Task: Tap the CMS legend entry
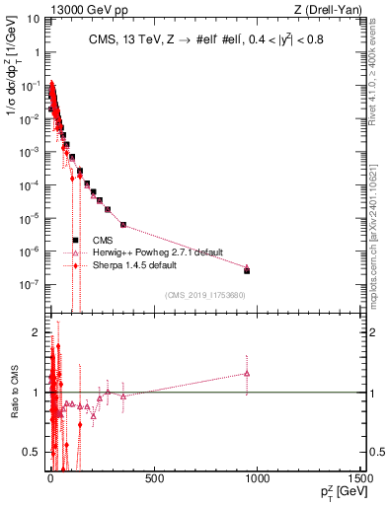tap(102, 240)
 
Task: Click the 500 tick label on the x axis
tap(154, 480)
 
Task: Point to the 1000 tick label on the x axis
tap(258, 480)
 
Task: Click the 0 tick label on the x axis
tap(50, 480)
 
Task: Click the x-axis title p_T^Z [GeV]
tap(337, 494)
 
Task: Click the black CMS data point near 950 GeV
tap(247, 270)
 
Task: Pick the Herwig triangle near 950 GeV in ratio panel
tap(247, 373)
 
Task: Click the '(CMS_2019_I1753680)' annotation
tap(205, 295)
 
